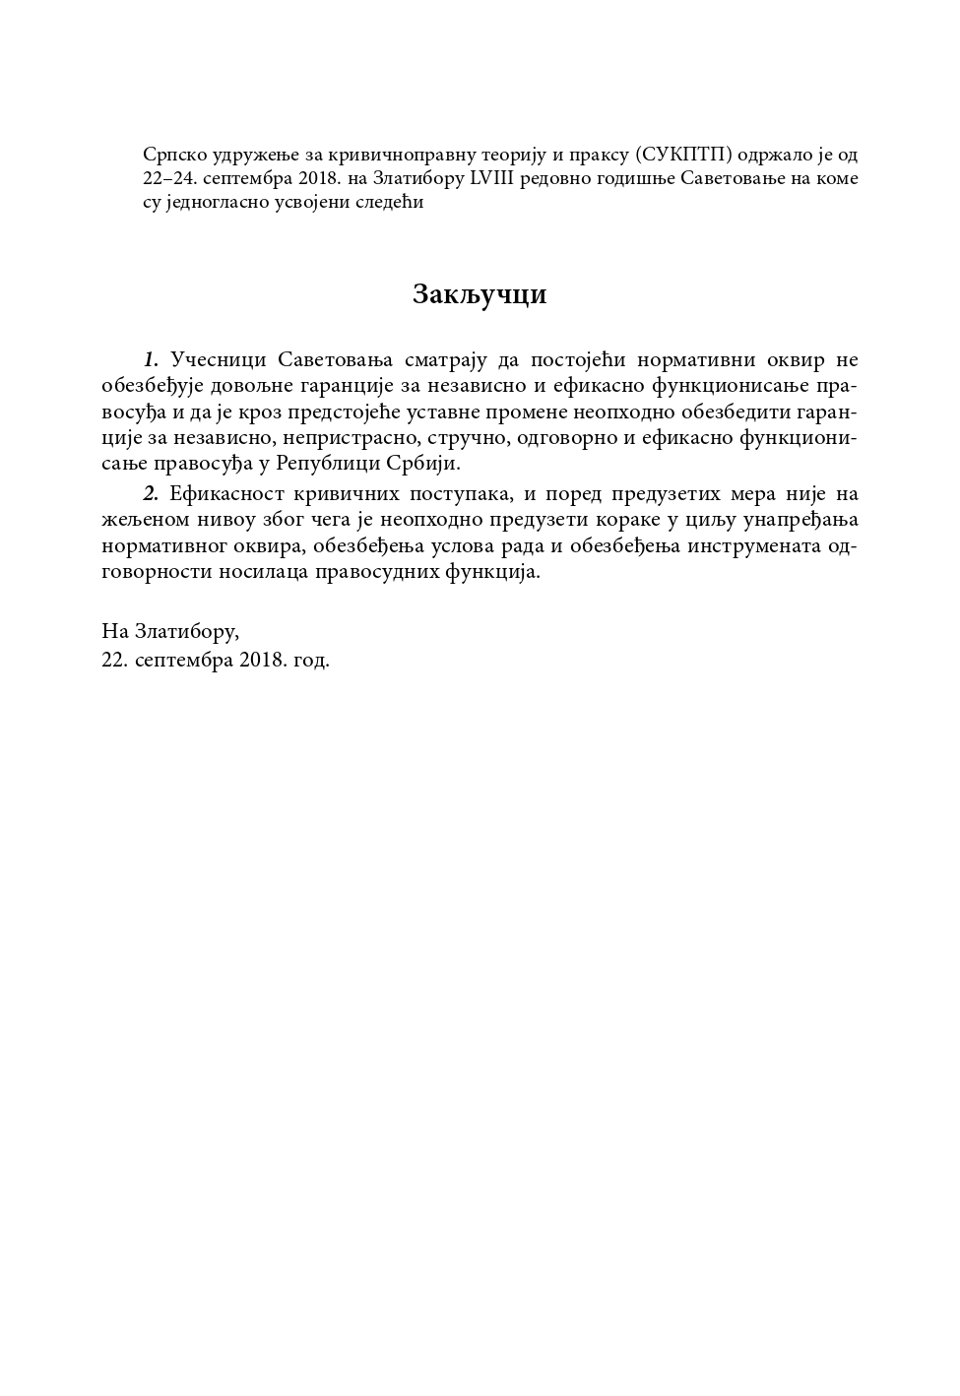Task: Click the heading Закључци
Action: click(x=480, y=294)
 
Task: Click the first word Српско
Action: click(x=174, y=155)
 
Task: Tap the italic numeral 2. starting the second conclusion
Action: click(x=151, y=492)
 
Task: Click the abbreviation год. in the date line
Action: click(x=311, y=660)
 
